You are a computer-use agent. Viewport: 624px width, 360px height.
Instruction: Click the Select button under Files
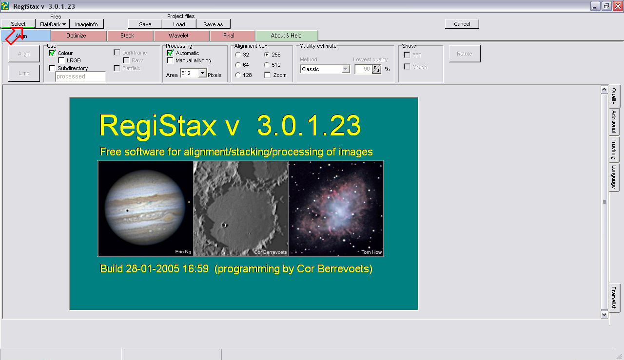pos(18,24)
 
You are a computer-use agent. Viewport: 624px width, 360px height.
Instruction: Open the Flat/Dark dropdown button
pos(53,24)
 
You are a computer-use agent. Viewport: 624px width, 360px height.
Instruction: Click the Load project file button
pos(179,24)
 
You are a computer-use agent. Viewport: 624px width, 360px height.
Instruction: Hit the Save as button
pos(213,24)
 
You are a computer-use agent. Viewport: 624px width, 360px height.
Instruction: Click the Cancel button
pos(462,24)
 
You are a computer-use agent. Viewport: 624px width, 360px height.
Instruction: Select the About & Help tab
pos(287,36)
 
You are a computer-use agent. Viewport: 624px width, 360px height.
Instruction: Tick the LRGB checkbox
pos(61,60)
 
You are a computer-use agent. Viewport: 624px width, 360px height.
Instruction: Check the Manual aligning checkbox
pos(170,60)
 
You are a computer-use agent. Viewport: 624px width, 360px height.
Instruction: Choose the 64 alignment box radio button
pos(238,65)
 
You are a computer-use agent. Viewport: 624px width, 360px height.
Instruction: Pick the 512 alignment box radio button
pos(267,65)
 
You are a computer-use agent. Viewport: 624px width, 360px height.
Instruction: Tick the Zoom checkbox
pos(268,75)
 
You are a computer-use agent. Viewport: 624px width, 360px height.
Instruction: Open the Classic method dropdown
pos(325,69)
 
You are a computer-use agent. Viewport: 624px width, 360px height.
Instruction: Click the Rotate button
pos(465,54)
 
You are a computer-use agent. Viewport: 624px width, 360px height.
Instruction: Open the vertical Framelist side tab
pos(614,297)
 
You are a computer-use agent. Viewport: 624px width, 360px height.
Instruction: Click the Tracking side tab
pos(614,149)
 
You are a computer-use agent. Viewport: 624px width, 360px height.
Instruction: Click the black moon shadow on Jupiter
pos(127,210)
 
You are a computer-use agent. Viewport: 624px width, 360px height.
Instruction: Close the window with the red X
pos(618,6)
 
